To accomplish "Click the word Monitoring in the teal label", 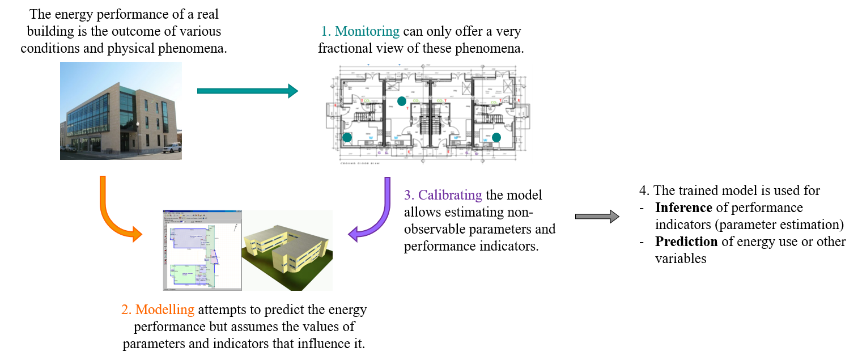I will click(x=367, y=31).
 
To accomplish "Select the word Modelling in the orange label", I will click(x=165, y=310).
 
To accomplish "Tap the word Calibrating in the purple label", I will click(x=450, y=195).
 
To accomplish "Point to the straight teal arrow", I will click(x=247, y=91).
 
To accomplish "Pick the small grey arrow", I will click(x=597, y=216).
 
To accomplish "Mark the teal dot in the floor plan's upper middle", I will click(x=402, y=101).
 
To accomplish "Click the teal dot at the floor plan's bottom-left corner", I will click(x=347, y=137).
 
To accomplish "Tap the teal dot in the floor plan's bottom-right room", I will click(x=496, y=137).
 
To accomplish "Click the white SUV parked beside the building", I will click(x=172, y=148).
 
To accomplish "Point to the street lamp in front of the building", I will click(x=138, y=136).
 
